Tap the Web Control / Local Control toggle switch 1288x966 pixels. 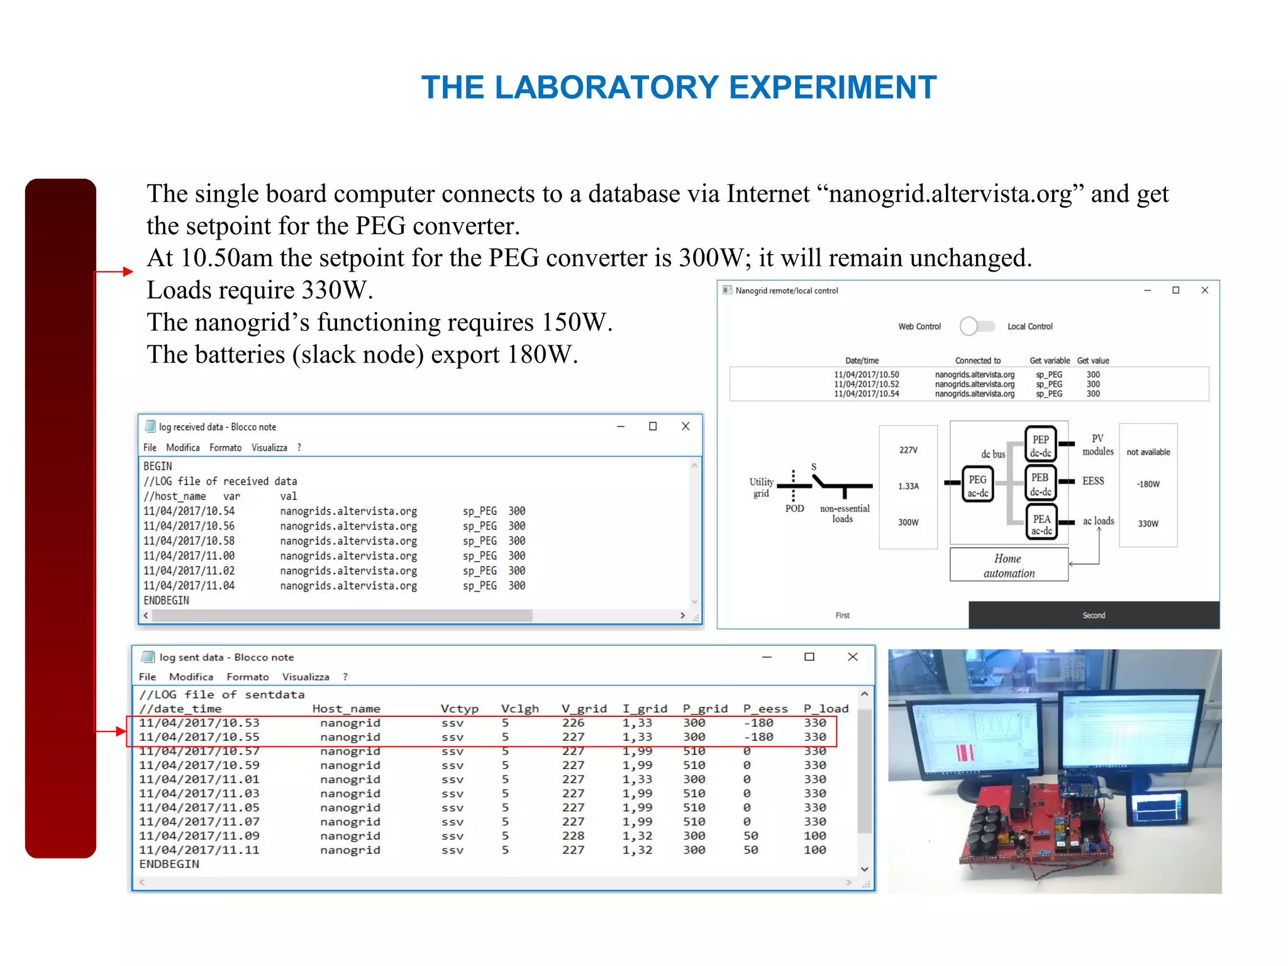[x=977, y=326]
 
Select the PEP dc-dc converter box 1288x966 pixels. [x=1040, y=445]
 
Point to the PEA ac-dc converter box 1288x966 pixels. [x=1041, y=523]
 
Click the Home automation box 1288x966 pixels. [x=1009, y=565]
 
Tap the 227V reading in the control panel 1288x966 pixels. [x=908, y=450]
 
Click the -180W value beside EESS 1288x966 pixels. [x=1148, y=484]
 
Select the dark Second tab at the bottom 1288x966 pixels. [x=1093, y=615]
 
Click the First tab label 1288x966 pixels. [x=842, y=615]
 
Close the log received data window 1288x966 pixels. [x=686, y=426]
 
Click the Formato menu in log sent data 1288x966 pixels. [x=247, y=677]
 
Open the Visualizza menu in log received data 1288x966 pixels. [x=269, y=447]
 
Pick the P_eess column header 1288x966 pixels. [x=765, y=709]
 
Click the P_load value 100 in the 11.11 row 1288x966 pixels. [x=814, y=850]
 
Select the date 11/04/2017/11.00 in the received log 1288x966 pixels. [x=189, y=556]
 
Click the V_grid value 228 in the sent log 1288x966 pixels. [x=573, y=836]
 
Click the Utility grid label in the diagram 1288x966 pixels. [x=761, y=487]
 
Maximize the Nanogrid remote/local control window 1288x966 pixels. [x=1175, y=291]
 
